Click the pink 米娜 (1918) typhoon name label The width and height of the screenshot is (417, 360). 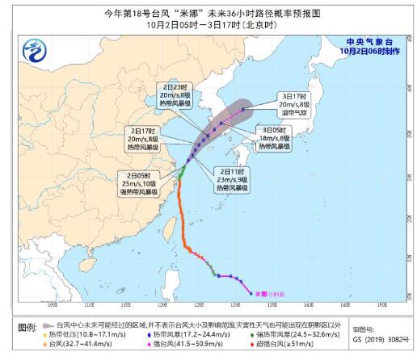point(272,294)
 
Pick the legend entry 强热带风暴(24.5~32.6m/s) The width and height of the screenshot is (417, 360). point(297,333)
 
